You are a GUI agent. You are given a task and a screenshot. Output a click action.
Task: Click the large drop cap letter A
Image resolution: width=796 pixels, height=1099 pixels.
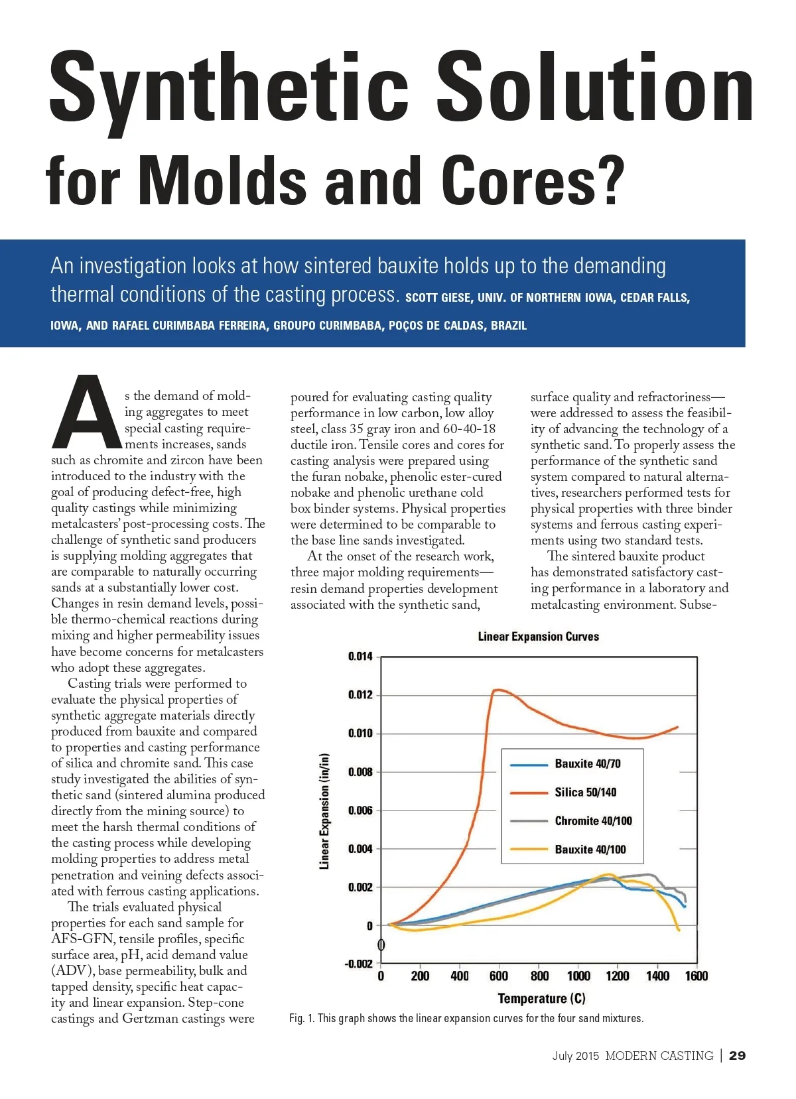coord(85,413)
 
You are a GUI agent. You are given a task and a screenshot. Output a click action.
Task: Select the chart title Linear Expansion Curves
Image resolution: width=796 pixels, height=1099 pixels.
coord(538,637)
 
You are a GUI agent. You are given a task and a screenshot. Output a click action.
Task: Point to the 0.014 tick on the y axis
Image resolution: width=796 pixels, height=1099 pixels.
coord(360,657)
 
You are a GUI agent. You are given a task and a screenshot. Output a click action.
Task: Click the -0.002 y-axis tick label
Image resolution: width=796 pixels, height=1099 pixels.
coord(359,964)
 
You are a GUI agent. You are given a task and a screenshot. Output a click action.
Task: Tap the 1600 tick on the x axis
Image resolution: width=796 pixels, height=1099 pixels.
coord(696,976)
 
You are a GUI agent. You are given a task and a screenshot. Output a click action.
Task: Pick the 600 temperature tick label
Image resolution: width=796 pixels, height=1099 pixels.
coord(499,976)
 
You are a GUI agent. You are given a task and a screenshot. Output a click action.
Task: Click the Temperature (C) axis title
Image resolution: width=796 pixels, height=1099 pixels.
coord(541,998)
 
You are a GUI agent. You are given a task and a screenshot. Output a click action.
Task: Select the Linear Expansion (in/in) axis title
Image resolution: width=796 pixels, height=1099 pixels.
coord(324,811)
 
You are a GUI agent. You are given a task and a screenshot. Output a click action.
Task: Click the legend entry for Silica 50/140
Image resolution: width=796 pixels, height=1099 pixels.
coord(585,793)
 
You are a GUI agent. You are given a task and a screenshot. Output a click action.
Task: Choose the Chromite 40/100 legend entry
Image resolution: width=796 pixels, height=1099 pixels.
coord(593,821)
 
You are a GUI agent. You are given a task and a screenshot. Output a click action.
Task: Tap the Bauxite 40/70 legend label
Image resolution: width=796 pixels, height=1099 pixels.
coord(588,764)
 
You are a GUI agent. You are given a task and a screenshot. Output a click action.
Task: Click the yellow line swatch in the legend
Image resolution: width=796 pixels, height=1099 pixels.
coord(528,850)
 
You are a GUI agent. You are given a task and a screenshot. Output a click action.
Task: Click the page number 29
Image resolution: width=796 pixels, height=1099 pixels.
coord(737,1056)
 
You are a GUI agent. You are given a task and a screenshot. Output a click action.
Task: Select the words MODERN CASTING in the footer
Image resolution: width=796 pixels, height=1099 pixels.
coord(659,1056)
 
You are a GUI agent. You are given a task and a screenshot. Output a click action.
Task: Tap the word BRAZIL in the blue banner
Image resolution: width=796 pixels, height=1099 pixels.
coord(509,326)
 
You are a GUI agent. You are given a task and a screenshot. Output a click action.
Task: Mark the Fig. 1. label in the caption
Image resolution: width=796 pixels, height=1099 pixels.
coord(302,1018)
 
